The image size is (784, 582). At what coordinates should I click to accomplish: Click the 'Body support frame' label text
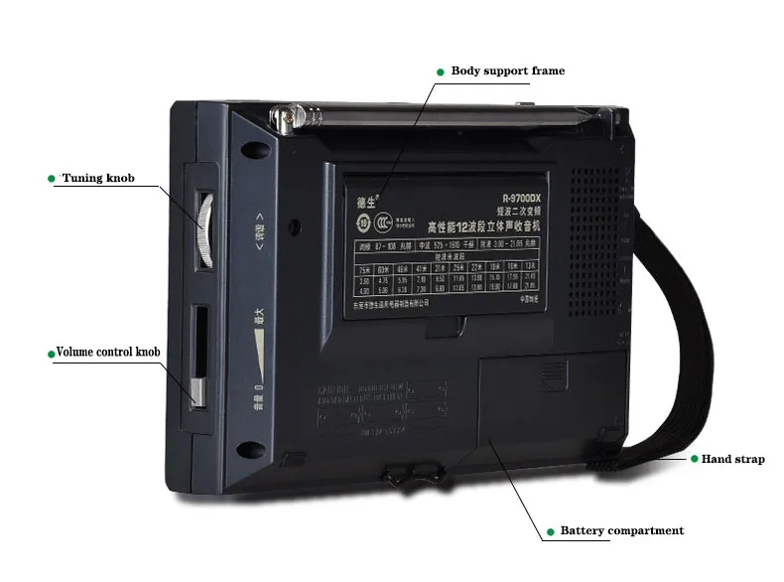(507, 72)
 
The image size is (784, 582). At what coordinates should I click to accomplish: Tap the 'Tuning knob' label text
(97, 179)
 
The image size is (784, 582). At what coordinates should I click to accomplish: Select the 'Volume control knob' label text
(107, 352)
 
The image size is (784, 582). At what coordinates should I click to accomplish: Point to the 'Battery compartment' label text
(621, 531)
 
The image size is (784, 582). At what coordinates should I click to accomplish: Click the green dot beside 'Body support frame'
(440, 72)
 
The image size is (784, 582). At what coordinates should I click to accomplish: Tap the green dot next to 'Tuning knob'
(51, 179)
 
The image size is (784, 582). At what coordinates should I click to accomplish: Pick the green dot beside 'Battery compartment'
(548, 531)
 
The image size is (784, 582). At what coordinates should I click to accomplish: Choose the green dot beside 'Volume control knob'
(50, 353)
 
